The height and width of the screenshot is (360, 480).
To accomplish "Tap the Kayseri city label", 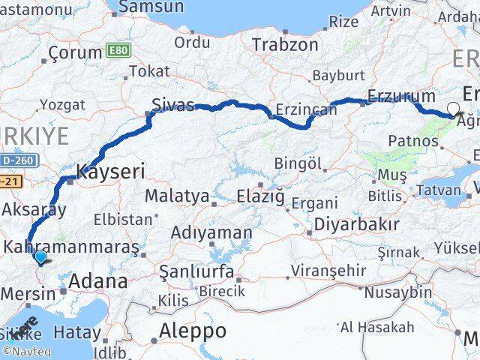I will (110, 171).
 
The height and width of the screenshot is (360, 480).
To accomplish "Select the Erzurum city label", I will (401, 97).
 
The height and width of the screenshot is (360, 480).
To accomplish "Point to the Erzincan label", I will (306, 109).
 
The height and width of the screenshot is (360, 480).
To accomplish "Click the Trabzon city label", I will (285, 44).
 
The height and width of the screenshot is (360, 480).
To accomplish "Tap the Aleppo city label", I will (193, 330).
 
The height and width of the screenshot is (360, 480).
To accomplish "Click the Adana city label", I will (97, 282).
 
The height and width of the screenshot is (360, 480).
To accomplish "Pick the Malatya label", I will (176, 196).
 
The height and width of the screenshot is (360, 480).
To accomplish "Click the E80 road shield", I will (117, 50).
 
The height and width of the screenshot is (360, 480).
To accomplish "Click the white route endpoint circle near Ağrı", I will (453, 108).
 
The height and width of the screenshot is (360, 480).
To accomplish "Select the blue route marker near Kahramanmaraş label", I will (40, 257).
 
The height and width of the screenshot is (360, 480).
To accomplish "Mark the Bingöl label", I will (298, 163).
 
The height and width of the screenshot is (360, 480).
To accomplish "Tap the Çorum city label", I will (74, 53).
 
